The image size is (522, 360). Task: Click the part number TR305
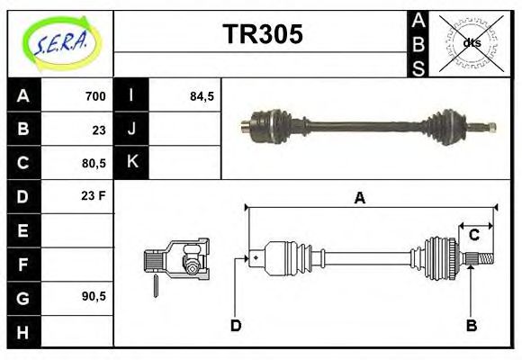point(262,35)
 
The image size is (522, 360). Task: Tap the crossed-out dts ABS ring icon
point(471,41)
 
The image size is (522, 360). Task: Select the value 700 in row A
point(94,96)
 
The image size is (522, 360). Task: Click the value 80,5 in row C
point(93,164)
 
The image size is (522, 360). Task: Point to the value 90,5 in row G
point(93,296)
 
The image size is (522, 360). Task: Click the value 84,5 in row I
point(202,96)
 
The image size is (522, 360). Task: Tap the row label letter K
point(131,163)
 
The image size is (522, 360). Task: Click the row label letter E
point(22,230)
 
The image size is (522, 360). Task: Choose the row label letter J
point(131,130)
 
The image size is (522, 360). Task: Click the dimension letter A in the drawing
point(359,198)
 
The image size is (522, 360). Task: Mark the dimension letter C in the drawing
point(473,235)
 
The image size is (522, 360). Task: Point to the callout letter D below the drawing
point(235,325)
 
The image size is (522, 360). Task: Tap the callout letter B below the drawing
point(470,325)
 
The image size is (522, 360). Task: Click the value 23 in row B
point(98,130)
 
